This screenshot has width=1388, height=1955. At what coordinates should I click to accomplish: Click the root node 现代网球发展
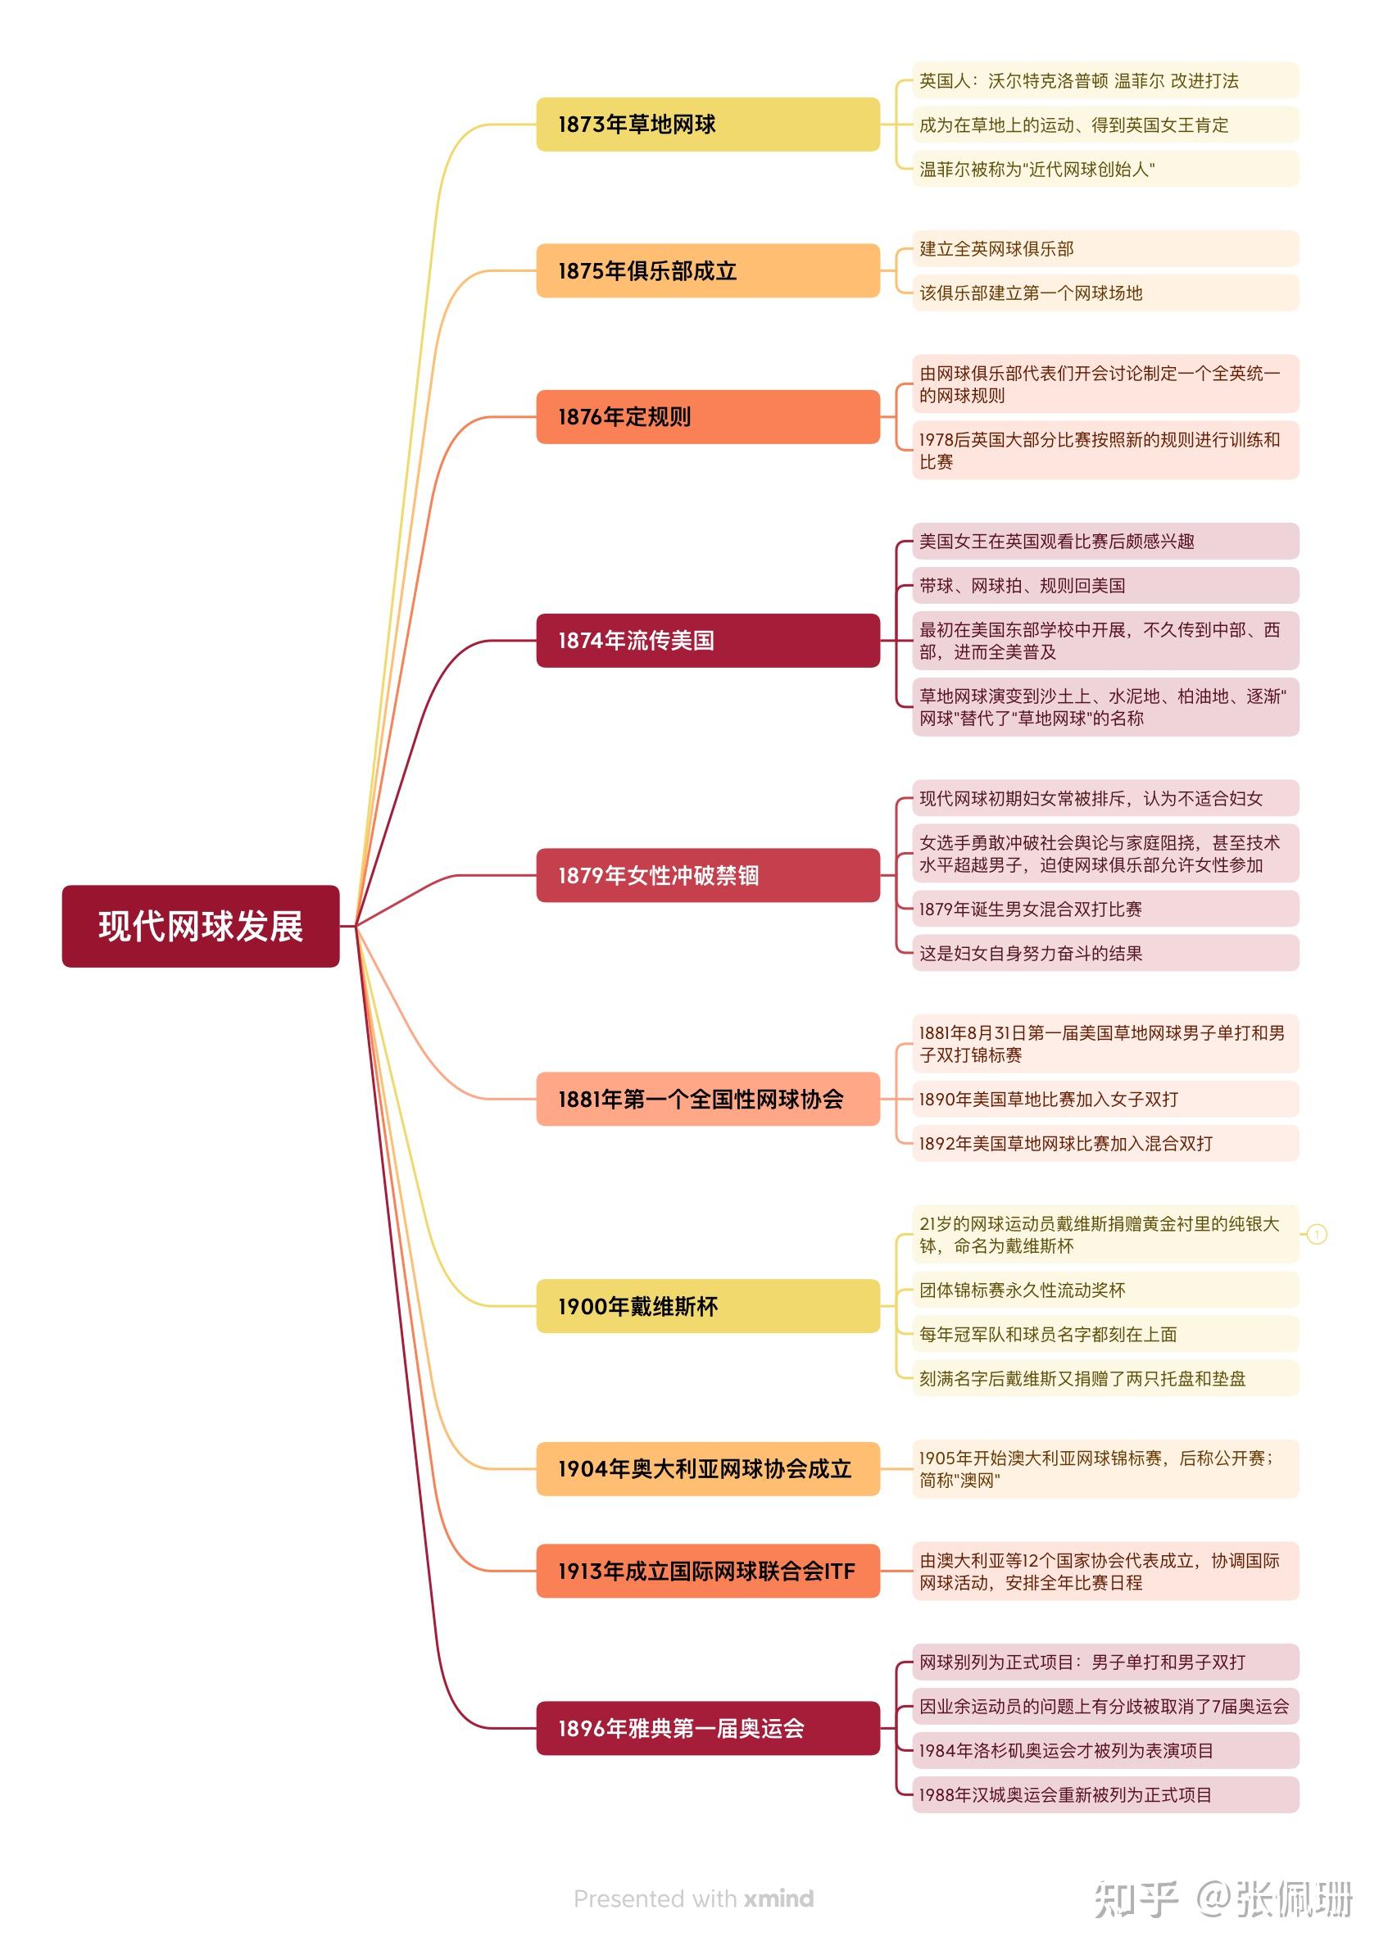(200, 926)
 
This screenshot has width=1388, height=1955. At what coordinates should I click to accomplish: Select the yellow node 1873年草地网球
(707, 125)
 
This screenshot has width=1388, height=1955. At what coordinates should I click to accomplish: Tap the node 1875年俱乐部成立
(707, 271)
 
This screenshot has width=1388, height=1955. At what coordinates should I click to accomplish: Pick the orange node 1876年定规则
(707, 417)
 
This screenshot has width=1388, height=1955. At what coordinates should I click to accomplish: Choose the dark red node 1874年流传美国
(707, 640)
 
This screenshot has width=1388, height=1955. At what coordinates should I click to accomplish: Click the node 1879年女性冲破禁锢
(707, 875)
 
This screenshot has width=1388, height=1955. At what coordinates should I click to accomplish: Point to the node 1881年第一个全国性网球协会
(707, 1099)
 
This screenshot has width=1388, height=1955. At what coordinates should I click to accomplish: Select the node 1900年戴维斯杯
(707, 1305)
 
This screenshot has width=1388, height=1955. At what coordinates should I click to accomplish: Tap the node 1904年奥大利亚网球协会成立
(707, 1469)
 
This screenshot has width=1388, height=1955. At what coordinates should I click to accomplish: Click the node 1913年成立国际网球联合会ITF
(707, 1571)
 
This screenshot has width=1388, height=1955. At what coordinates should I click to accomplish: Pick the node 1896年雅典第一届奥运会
(707, 1728)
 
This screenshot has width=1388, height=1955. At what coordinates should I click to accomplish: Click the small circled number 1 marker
(1317, 1234)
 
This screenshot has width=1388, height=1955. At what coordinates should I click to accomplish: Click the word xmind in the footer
(778, 1898)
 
